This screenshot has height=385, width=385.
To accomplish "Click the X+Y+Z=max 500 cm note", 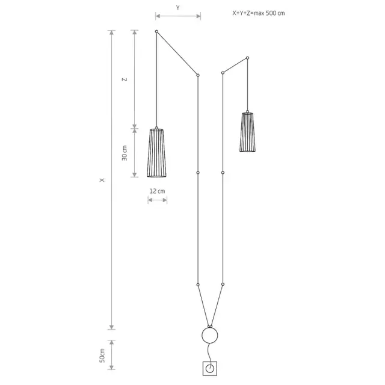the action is [259, 13].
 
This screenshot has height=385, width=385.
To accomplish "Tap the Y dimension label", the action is [178, 8].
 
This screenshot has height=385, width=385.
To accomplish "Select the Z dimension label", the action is [125, 79].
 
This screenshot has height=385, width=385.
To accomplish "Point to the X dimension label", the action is [102, 180].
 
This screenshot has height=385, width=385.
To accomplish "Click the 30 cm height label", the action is [125, 153].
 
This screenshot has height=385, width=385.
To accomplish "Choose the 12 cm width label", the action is [157, 191].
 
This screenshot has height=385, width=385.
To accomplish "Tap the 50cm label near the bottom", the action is [102, 356].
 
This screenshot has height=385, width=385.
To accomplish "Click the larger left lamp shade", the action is [156, 152].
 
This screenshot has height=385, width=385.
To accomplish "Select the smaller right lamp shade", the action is [247, 132].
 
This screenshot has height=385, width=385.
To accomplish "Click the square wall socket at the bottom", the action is [210, 368].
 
